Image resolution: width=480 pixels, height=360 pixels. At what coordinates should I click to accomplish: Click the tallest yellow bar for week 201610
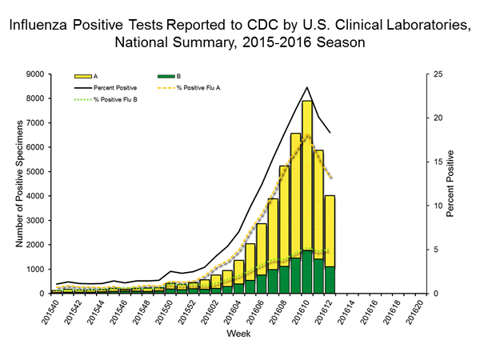click(306, 176)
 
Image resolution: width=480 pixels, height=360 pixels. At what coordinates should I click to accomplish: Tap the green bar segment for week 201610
click(306, 272)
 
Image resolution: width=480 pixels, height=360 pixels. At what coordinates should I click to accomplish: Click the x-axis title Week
click(236, 332)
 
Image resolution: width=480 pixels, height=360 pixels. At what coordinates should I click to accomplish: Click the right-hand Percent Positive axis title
click(453, 183)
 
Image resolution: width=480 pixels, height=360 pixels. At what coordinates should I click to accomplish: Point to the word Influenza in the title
click(41, 25)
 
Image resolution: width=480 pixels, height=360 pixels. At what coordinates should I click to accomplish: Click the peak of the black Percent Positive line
click(306, 87)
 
